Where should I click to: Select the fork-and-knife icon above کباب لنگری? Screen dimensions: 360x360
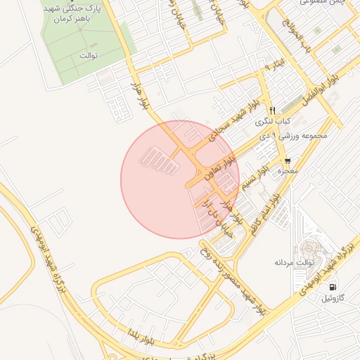point(272,110)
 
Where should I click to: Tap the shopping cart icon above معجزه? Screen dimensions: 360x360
point(288,161)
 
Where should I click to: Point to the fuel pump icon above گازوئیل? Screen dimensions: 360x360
point(331,287)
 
